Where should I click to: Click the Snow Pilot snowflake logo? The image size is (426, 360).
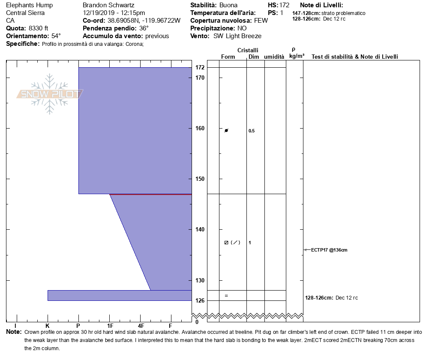coord(50,94)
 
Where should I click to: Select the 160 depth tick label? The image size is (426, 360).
coord(200,128)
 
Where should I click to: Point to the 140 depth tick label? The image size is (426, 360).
coord(200,230)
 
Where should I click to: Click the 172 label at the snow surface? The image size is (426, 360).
coord(200,68)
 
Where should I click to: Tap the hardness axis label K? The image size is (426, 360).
coord(48,325)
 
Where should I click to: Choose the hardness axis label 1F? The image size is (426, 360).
coord(110,325)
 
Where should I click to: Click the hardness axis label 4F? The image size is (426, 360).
coord(141,325)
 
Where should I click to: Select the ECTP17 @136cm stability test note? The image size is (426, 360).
coord(329,250)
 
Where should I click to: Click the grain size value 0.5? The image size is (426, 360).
coord(252,131)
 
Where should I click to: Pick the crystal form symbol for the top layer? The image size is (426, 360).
coord(226,130)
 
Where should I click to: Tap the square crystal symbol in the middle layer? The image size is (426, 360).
coord(226,243)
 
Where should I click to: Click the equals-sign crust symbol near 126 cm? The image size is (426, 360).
coord(226,296)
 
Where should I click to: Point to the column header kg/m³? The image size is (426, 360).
coord(297,56)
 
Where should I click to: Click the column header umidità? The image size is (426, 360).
coord(274,57)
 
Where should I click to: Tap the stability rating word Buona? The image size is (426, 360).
coord(228,5)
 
